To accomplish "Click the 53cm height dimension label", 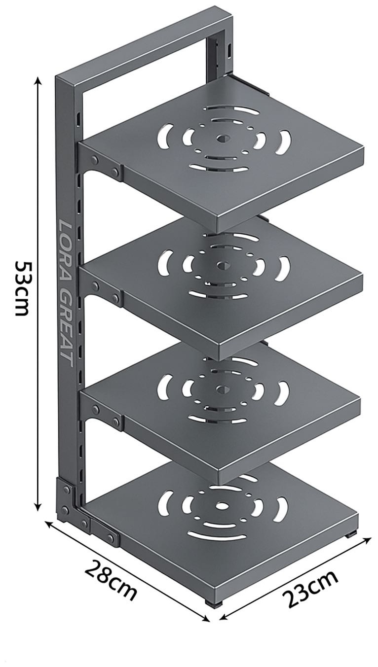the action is [23, 288].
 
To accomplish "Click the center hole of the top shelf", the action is [222, 138].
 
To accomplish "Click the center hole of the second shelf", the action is [222, 264].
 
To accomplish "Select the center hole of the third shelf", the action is [221, 389].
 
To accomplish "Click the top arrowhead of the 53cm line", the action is [38, 80].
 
